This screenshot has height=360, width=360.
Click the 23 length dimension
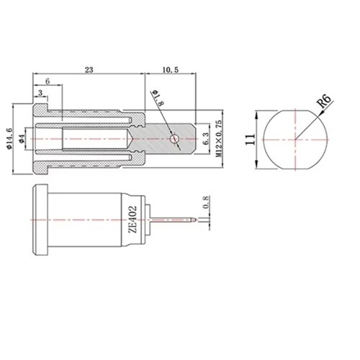click(89, 70)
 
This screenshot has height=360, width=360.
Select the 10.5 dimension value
click(171, 70)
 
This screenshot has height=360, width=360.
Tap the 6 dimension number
click(48, 81)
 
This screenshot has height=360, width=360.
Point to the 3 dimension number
click(40, 93)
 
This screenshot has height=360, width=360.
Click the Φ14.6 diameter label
click(9, 138)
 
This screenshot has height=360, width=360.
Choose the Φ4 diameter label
click(22, 139)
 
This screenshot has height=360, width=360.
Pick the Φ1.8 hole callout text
click(158, 98)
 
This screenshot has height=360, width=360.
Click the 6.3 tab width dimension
click(206, 139)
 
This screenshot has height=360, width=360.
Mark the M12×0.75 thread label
click(219, 139)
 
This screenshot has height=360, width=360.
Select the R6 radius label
click(324, 101)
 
